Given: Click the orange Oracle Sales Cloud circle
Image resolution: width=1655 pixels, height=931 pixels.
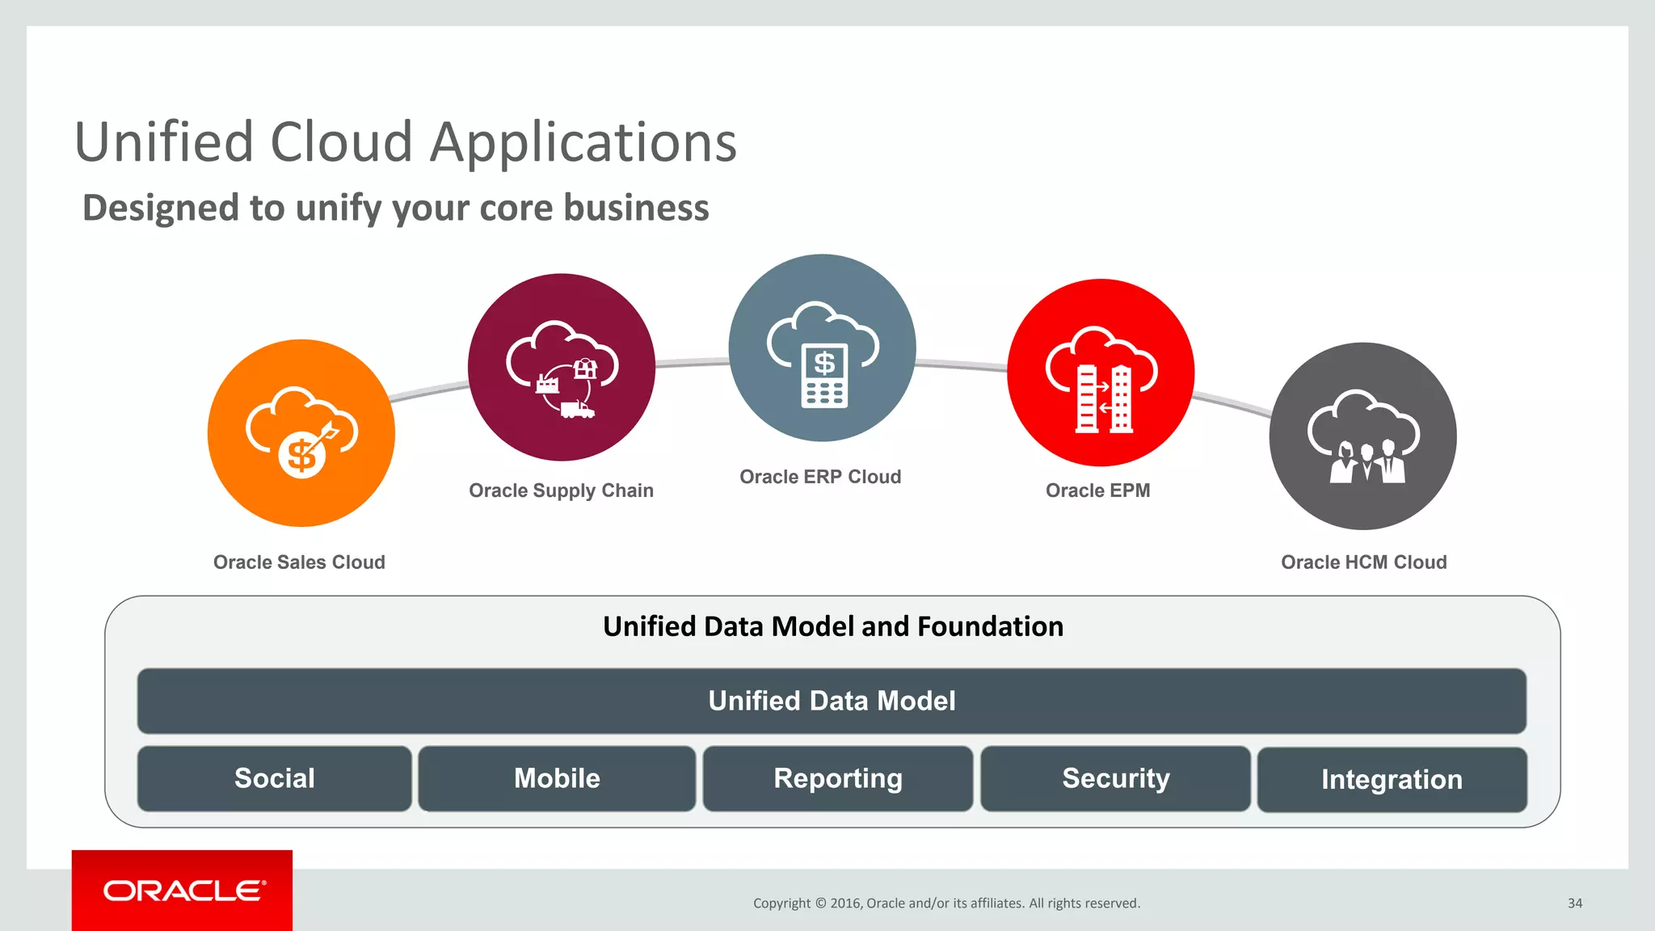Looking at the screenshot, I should click(301, 433).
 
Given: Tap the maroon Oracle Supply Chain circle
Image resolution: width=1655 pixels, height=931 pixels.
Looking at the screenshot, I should click(561, 368).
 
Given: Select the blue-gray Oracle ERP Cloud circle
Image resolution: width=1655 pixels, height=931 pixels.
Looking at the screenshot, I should click(822, 348).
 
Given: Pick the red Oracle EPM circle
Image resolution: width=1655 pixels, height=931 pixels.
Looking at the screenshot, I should click(1100, 373).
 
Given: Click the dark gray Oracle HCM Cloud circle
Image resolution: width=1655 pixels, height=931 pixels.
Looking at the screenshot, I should click(1362, 436).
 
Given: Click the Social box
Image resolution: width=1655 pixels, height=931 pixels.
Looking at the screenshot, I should click(275, 778).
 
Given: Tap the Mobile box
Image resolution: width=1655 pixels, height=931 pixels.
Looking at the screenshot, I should click(557, 778).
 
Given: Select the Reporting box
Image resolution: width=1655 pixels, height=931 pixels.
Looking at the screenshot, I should click(838, 778).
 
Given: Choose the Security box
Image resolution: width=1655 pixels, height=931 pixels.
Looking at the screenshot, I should click(1115, 778).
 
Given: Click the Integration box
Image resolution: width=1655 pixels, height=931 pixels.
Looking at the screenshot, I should click(1392, 780).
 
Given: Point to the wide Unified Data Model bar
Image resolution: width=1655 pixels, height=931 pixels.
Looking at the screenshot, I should click(832, 701).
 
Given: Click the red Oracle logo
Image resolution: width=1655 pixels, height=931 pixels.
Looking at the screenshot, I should click(183, 891).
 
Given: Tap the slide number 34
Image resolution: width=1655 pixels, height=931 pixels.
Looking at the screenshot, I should click(1574, 904).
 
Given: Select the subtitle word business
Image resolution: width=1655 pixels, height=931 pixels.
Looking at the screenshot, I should click(636, 208).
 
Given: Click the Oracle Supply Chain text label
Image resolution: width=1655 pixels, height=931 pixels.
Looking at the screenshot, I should click(561, 491).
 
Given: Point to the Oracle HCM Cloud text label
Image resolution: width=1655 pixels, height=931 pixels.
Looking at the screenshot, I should click(1363, 562).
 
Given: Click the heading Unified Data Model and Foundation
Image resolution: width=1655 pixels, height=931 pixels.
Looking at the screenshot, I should click(832, 626).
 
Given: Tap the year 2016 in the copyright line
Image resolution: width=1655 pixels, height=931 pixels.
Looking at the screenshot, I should click(845, 904).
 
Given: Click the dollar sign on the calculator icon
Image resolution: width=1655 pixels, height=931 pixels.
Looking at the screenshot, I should click(823, 363).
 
